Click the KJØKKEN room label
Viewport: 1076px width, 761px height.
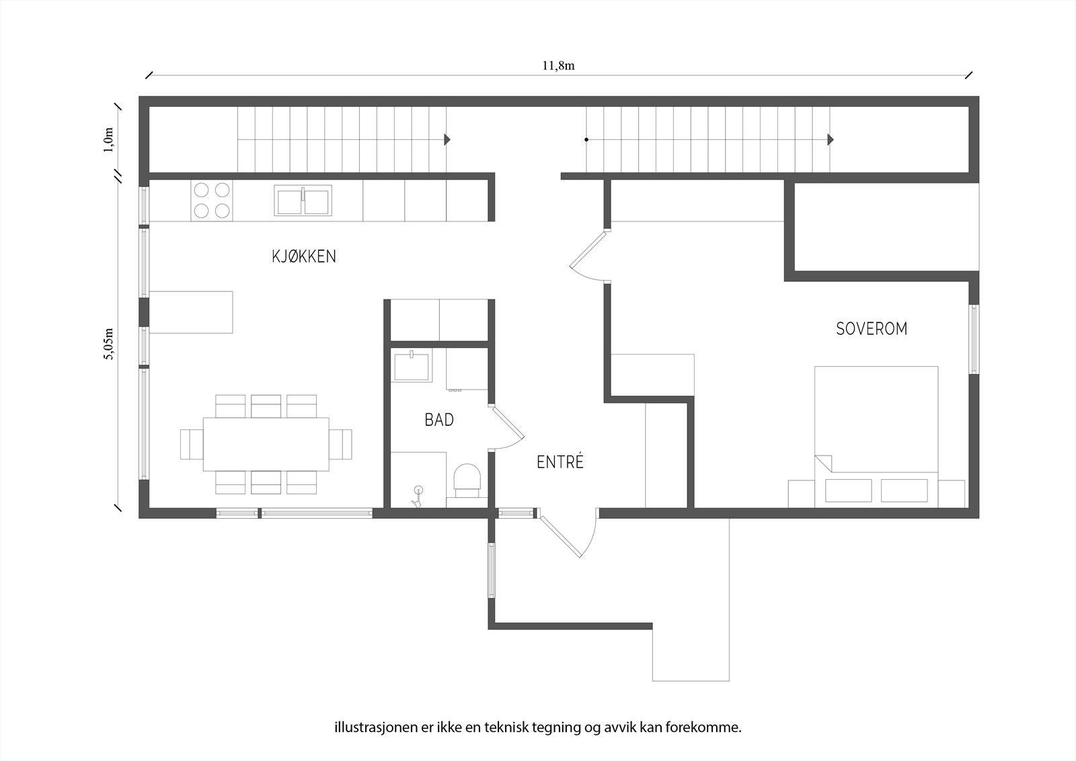pos(303,256)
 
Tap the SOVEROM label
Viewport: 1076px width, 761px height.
pos(872,329)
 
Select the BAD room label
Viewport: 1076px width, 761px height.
pos(439,420)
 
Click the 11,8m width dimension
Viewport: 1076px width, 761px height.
pos(559,66)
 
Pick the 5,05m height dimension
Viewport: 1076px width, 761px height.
pos(109,344)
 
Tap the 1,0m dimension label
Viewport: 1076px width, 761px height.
pos(108,140)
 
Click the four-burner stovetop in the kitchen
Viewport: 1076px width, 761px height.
pos(211,201)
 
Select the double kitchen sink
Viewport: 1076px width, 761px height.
pos(303,201)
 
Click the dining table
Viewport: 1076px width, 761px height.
pos(266,444)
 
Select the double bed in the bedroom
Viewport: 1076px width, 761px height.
pos(876,437)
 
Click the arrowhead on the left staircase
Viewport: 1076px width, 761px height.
pos(447,140)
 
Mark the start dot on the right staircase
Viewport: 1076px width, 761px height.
pos(586,140)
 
